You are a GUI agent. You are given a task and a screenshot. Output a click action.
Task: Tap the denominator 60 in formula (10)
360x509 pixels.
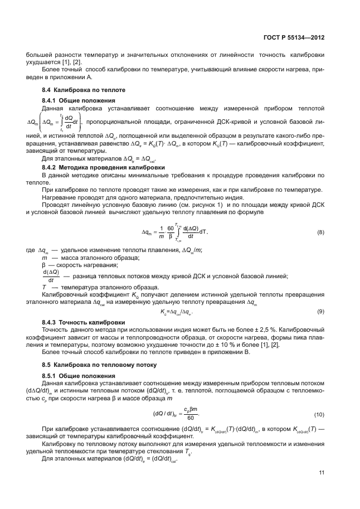[x=192, y=418]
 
